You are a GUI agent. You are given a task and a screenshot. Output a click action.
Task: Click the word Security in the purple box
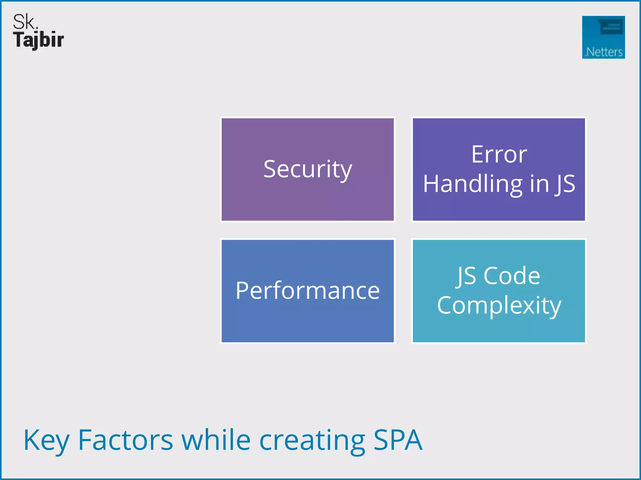308,169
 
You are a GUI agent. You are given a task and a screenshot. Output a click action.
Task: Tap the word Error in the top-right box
499,154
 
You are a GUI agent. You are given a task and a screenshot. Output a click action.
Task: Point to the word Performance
308,291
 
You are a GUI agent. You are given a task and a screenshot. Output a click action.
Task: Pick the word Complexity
499,305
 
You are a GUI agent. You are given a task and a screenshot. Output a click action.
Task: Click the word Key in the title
46,441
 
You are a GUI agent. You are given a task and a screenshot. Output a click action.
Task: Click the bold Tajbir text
38,40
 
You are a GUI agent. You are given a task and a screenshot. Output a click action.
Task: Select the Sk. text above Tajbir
25,22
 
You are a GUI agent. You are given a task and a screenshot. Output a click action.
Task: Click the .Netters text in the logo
604,52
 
